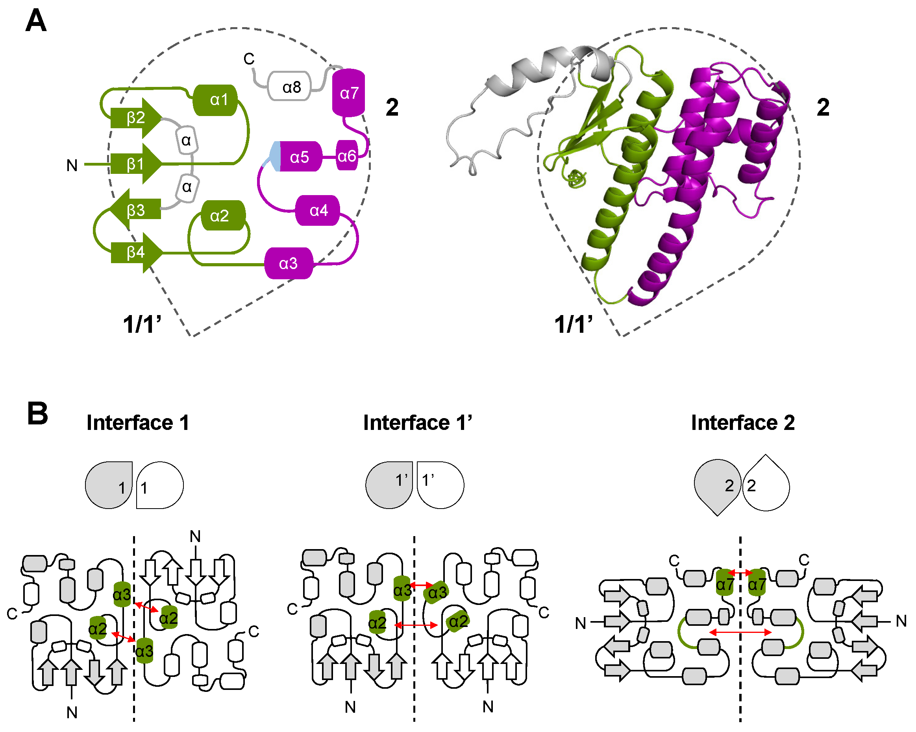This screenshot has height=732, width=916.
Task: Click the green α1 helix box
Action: (x=215, y=100)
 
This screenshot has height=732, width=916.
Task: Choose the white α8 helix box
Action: (x=289, y=87)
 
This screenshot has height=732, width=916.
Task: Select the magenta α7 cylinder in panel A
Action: (x=348, y=92)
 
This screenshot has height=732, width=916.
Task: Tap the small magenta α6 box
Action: (x=347, y=156)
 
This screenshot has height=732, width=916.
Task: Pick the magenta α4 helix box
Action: (x=318, y=210)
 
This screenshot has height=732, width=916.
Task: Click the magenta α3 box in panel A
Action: (x=289, y=264)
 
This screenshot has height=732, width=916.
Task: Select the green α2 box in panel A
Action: (x=223, y=216)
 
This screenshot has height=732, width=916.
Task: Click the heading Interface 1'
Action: (x=417, y=422)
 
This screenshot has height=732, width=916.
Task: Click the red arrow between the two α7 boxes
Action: (x=740, y=573)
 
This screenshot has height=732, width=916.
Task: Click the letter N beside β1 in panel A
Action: (x=72, y=166)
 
